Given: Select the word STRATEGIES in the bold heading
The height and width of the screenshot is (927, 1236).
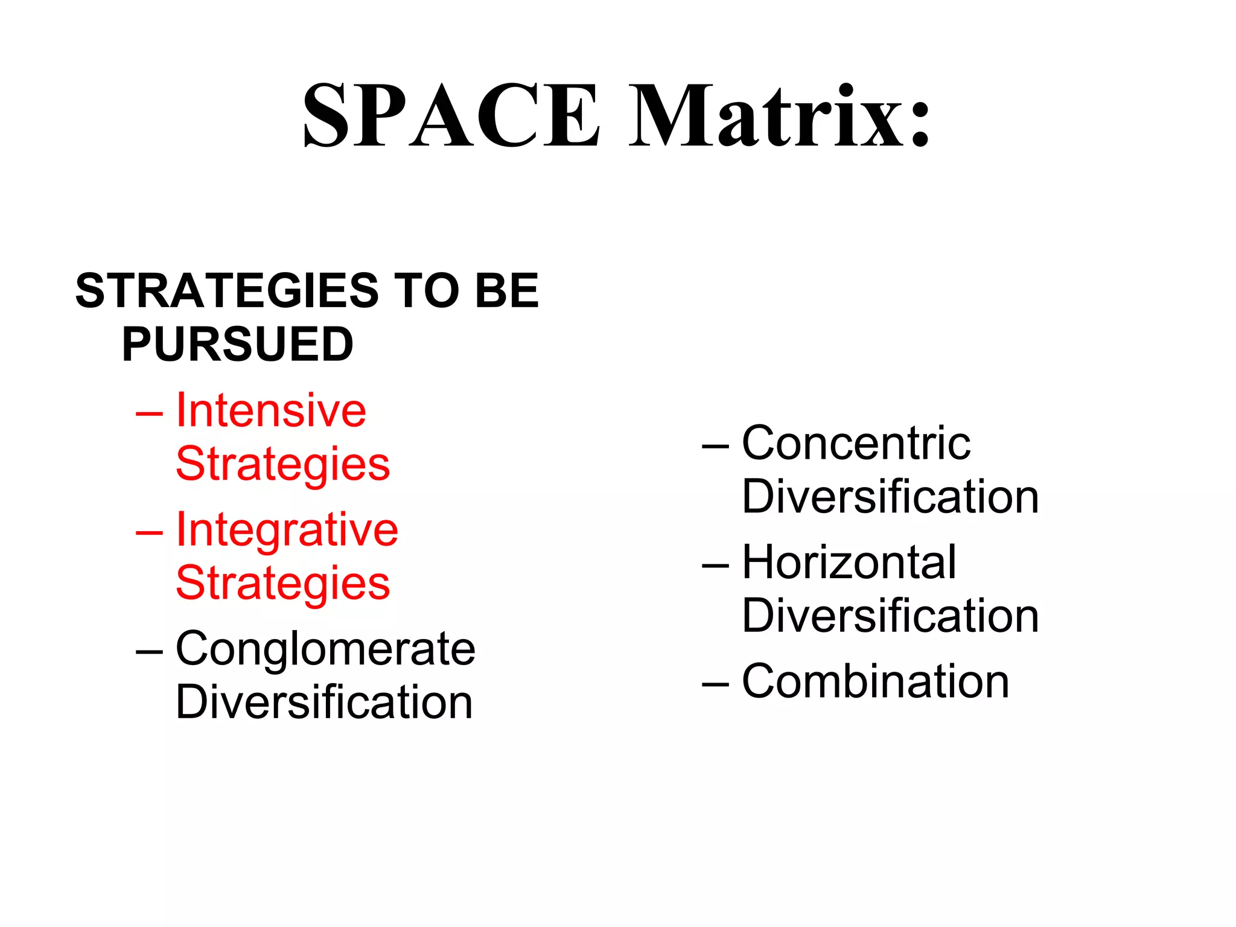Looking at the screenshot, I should click(226, 291).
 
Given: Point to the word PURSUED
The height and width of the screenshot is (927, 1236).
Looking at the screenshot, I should click(238, 345).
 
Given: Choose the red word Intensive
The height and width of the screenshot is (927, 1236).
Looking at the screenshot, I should click(271, 410).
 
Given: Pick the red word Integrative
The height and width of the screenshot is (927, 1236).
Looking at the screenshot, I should click(287, 530).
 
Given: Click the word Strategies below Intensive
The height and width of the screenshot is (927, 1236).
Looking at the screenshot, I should click(283, 465).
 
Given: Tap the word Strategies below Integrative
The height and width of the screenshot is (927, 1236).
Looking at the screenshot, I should click(283, 584).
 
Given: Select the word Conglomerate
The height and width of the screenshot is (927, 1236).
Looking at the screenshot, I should click(325, 649).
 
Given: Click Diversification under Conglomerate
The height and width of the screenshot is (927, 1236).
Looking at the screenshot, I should click(324, 702).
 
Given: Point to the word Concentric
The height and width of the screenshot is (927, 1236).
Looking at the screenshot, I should click(856, 444).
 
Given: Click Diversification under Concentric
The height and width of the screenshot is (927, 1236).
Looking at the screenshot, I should click(890, 497).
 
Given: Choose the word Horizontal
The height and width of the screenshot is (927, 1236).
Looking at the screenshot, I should click(849, 562).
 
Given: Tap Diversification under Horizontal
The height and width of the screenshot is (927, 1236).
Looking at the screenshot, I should click(890, 616).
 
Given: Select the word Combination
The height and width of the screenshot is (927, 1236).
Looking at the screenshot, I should click(875, 681).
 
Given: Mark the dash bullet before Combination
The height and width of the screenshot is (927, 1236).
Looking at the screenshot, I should click(715, 684).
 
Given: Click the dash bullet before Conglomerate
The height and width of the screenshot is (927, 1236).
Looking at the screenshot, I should click(149, 652).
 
